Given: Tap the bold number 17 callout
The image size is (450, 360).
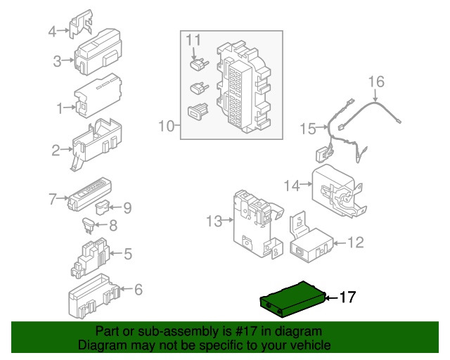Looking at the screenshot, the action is (347, 297).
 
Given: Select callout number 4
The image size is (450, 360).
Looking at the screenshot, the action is (52, 31).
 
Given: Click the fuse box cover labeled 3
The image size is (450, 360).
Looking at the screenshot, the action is (98, 51).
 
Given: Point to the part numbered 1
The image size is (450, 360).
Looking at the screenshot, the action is (98, 96).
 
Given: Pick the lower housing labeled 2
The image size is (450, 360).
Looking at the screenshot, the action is (96, 144).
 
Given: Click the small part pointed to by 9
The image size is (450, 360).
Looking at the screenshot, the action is (103, 207).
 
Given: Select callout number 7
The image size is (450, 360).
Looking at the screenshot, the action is (53, 199).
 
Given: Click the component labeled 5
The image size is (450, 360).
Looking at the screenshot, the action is (90, 257).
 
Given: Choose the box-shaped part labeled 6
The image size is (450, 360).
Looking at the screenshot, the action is (94, 296).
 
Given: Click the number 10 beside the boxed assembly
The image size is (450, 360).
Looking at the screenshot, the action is (167, 126).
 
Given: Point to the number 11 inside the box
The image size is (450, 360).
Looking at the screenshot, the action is (193, 40).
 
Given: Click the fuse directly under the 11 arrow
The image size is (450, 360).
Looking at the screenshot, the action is (199, 64).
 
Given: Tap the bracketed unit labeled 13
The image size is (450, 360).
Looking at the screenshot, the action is (257, 224).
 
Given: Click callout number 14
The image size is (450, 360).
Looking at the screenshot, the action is (292, 186).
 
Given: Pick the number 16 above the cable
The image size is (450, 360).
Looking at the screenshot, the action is (376, 82).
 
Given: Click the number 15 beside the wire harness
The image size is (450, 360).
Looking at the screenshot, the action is (308, 129).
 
